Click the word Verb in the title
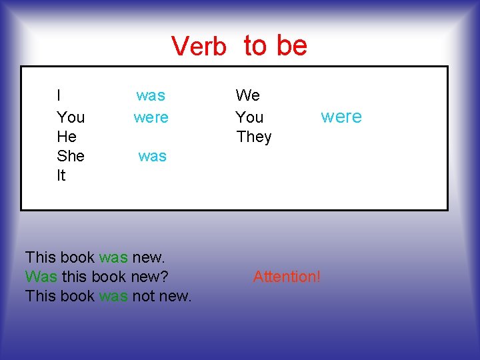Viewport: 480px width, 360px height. [x=198, y=47]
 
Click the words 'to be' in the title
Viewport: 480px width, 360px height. [x=275, y=45]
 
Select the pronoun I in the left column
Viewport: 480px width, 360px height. [x=59, y=95]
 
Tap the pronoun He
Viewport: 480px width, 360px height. [x=67, y=137]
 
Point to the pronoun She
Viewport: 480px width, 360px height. [x=71, y=156]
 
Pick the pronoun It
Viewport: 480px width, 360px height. [x=61, y=175]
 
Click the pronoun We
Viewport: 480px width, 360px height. [x=248, y=95]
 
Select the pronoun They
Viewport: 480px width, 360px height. [x=254, y=137]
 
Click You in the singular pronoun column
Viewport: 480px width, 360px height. [x=71, y=117]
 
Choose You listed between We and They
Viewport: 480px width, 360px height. [x=249, y=117]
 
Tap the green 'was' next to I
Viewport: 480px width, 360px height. [x=151, y=95]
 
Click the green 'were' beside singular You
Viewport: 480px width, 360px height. [x=151, y=117]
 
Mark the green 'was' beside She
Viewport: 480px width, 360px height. [x=152, y=156]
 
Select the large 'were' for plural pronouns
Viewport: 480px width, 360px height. [x=341, y=117]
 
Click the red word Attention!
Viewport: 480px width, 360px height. [x=287, y=276]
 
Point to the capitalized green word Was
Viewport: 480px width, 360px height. [x=41, y=276]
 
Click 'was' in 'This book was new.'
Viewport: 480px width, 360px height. [x=113, y=257]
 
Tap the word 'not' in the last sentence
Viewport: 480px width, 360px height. [x=143, y=295]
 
